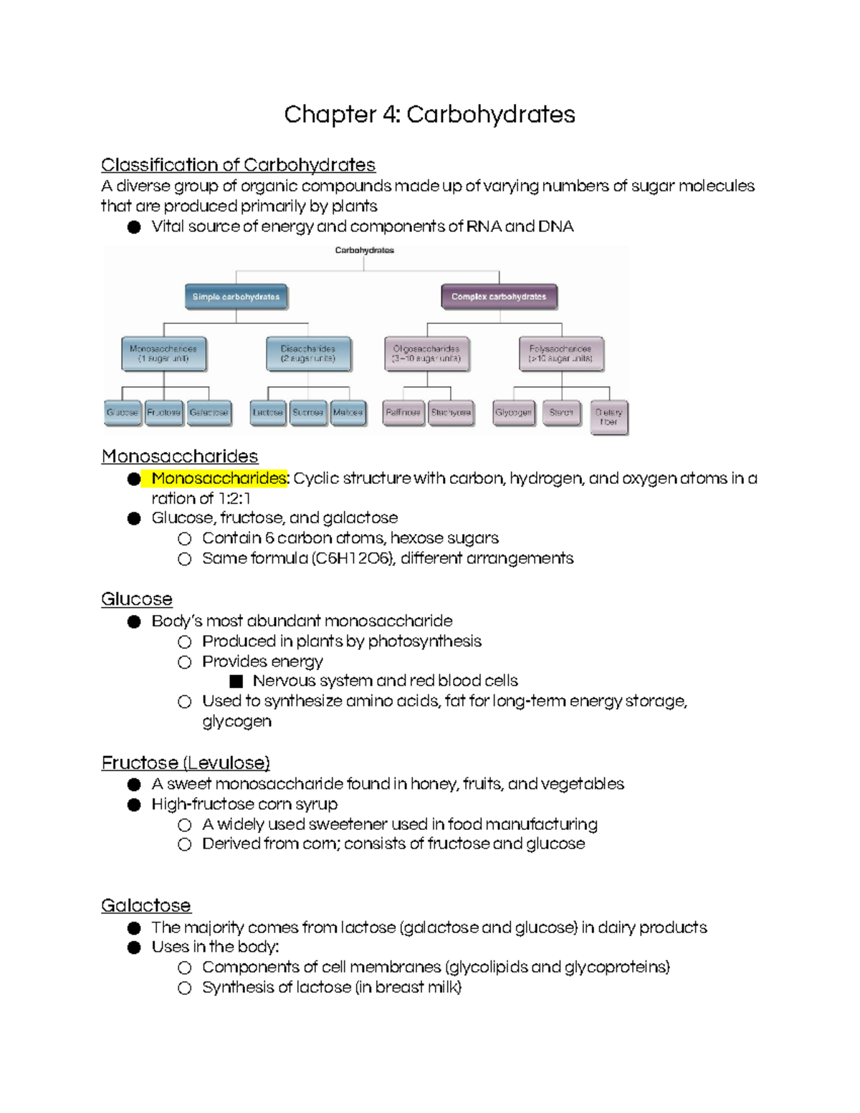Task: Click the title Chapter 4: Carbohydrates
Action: (x=429, y=115)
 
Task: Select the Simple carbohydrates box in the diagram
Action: (x=236, y=297)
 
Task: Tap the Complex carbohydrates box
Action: (x=499, y=297)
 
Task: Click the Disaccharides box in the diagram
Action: (x=308, y=353)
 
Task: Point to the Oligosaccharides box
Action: (x=426, y=353)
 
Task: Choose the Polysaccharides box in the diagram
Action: (x=560, y=353)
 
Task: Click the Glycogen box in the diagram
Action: (x=513, y=413)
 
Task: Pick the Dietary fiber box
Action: (x=608, y=417)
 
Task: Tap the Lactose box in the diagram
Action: (x=267, y=413)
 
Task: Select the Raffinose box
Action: (x=403, y=413)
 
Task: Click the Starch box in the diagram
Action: (x=560, y=413)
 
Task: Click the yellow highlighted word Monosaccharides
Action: (x=219, y=478)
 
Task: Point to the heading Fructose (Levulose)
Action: (x=186, y=763)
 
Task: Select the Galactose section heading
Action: (x=145, y=905)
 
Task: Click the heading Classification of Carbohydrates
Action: (x=238, y=165)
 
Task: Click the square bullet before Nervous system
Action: (x=236, y=681)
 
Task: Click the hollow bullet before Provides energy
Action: (x=185, y=661)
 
